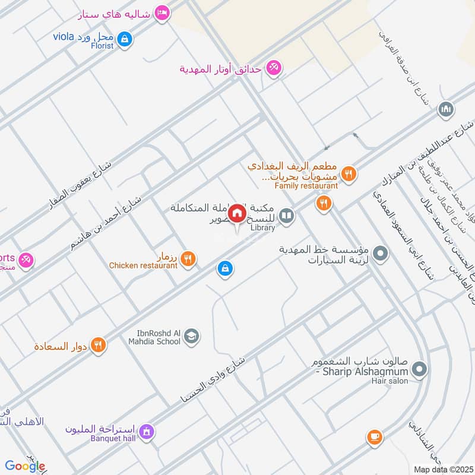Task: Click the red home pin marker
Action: (x=237, y=214)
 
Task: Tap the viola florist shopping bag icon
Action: (x=124, y=40)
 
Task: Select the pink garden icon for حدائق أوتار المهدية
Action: (x=273, y=68)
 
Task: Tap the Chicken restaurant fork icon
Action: (x=188, y=258)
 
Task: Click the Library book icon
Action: (x=287, y=216)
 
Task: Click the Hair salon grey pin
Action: (x=420, y=370)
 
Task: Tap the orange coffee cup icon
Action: (x=374, y=438)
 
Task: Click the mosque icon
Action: (x=446, y=109)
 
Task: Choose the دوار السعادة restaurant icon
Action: (x=99, y=344)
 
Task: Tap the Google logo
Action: (x=25, y=466)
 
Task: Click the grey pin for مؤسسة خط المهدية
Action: (x=381, y=254)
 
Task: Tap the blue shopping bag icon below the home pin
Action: (x=224, y=269)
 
